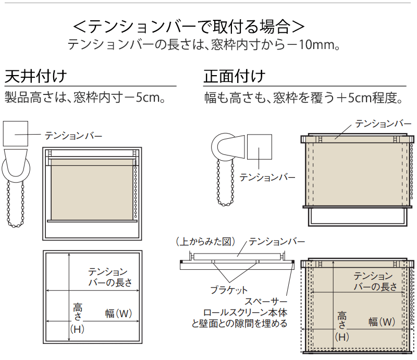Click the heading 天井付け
pyautogui.click(x=35, y=76)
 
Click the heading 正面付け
pyautogui.click(x=235, y=76)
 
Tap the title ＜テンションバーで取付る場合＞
pyautogui.click(x=189, y=27)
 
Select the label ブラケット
pyautogui.click(x=229, y=290)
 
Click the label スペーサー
pyautogui.click(x=266, y=302)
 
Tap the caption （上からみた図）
pyautogui.click(x=205, y=242)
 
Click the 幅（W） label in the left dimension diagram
pyautogui.click(x=118, y=314)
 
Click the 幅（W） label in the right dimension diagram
pyautogui.click(x=382, y=322)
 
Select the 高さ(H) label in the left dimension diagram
pyautogui.click(x=77, y=318)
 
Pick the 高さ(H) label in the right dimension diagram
pyautogui.click(x=342, y=327)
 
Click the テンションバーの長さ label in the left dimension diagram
pyautogui.click(x=110, y=277)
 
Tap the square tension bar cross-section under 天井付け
pyautogui.click(x=16, y=134)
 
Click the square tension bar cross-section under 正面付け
pyautogui.click(x=260, y=147)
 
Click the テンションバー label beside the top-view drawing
pyautogui.click(x=277, y=242)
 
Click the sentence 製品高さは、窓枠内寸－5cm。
pyautogui.click(x=85, y=97)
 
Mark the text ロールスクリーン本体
pyautogui.click(x=245, y=313)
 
